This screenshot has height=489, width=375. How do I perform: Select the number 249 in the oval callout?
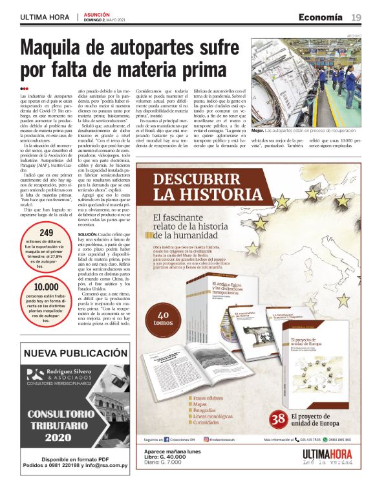(x=47, y=234)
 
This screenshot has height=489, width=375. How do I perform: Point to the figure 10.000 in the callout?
(x=47, y=288)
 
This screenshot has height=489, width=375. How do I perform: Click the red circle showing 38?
(x=279, y=420)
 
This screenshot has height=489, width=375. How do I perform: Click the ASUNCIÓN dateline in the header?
(x=98, y=14)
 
